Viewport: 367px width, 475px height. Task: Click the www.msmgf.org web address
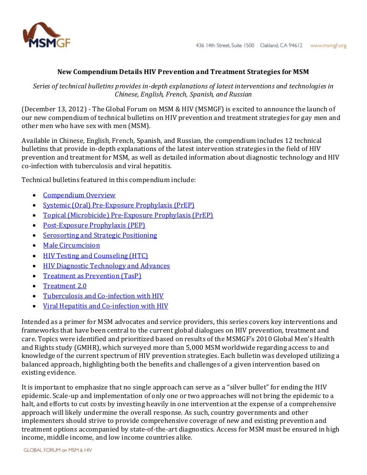pos(328,46)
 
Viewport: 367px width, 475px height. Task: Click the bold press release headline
pos(183,72)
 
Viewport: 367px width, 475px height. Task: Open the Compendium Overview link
pos(79,195)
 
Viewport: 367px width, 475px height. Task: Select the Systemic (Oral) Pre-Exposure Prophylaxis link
pos(119,205)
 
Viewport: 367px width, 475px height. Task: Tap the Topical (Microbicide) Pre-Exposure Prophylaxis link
pos(128,215)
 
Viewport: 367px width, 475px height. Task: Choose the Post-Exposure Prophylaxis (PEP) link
pos(94,225)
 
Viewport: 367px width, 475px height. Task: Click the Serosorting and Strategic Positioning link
pos(100,235)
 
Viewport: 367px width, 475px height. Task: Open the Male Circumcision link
pos(71,245)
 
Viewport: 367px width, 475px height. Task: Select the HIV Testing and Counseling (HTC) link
pos(96,256)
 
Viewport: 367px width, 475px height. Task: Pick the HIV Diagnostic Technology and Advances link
pos(106,266)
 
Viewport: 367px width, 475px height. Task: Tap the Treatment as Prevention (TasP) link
pos(92,276)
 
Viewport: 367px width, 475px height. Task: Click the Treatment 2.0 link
pos(65,286)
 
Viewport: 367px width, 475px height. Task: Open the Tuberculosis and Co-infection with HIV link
pos(103,296)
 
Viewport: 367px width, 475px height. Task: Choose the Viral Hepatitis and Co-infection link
pos(106,306)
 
